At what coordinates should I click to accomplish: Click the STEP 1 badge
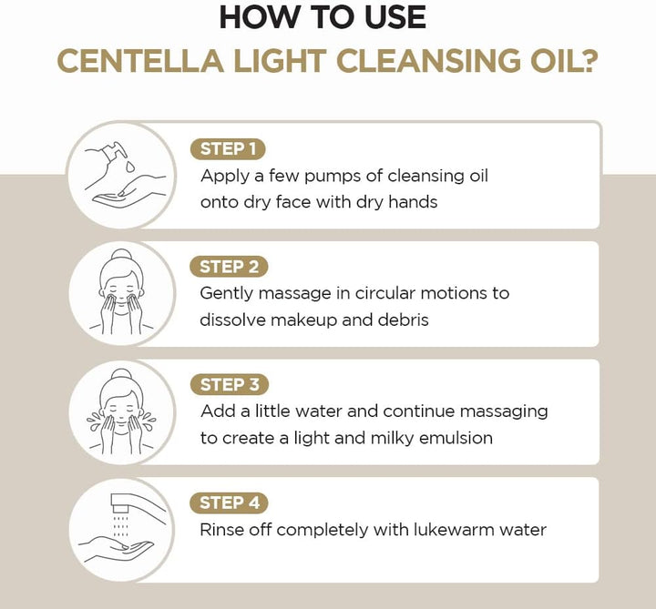[228, 149]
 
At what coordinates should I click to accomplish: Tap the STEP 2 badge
[228, 267]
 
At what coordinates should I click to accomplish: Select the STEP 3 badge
[228, 384]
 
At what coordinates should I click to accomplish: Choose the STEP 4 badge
[228, 502]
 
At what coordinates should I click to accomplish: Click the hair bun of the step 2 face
[120, 256]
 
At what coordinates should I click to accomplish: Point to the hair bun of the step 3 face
[120, 374]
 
